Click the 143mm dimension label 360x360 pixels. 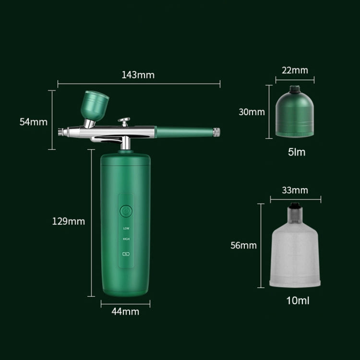point(138,75)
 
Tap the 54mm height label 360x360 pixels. point(33,121)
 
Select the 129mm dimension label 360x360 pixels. point(69,221)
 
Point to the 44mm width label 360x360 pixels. point(125,311)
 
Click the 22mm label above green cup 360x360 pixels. point(295,71)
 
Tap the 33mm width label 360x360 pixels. point(295,190)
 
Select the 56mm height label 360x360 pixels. point(243,245)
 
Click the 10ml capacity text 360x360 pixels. point(298,301)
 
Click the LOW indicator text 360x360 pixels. point(126,228)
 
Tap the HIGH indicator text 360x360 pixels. point(126,239)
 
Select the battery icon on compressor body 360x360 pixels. point(126,254)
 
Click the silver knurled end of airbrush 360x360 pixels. point(216,130)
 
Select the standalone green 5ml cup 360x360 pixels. point(295,111)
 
